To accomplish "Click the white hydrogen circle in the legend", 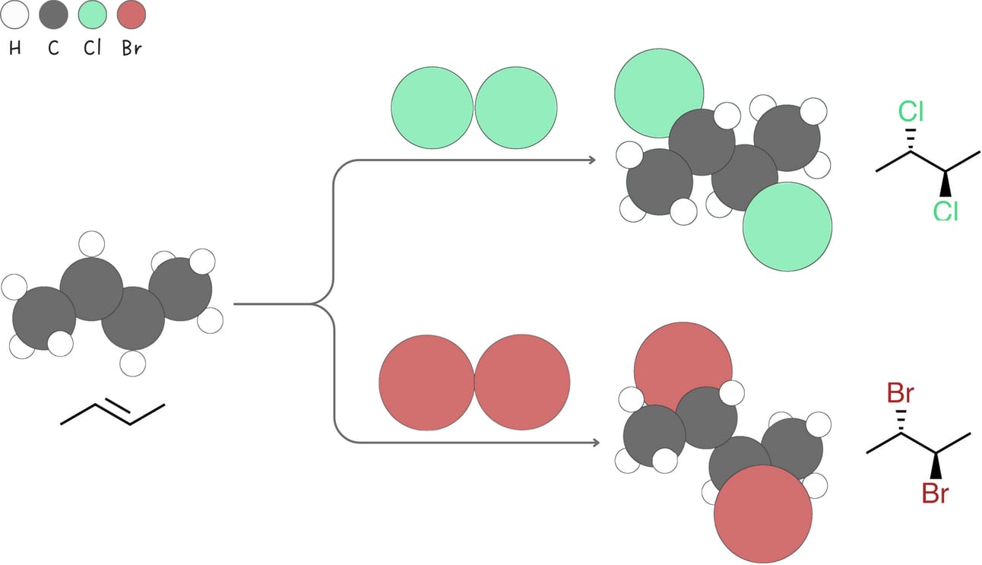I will click(15, 14).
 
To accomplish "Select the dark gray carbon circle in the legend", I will click(53, 14).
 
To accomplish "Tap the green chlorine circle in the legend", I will click(92, 14).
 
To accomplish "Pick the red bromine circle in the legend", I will click(131, 14).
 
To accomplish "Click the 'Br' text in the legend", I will click(131, 49).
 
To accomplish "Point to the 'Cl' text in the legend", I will click(92, 49).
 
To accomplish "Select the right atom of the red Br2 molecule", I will click(522, 382).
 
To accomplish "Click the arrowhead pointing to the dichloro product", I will click(590, 160).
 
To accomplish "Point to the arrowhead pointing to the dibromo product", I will click(590, 442).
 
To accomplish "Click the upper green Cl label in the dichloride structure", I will click(911, 112).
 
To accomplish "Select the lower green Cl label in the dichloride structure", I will click(946, 211).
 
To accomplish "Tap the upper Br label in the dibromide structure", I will click(901, 394).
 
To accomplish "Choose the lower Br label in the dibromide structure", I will click(935, 494).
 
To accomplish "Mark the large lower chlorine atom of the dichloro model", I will click(787, 227).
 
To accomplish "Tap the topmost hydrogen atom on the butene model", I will click(92, 245).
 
